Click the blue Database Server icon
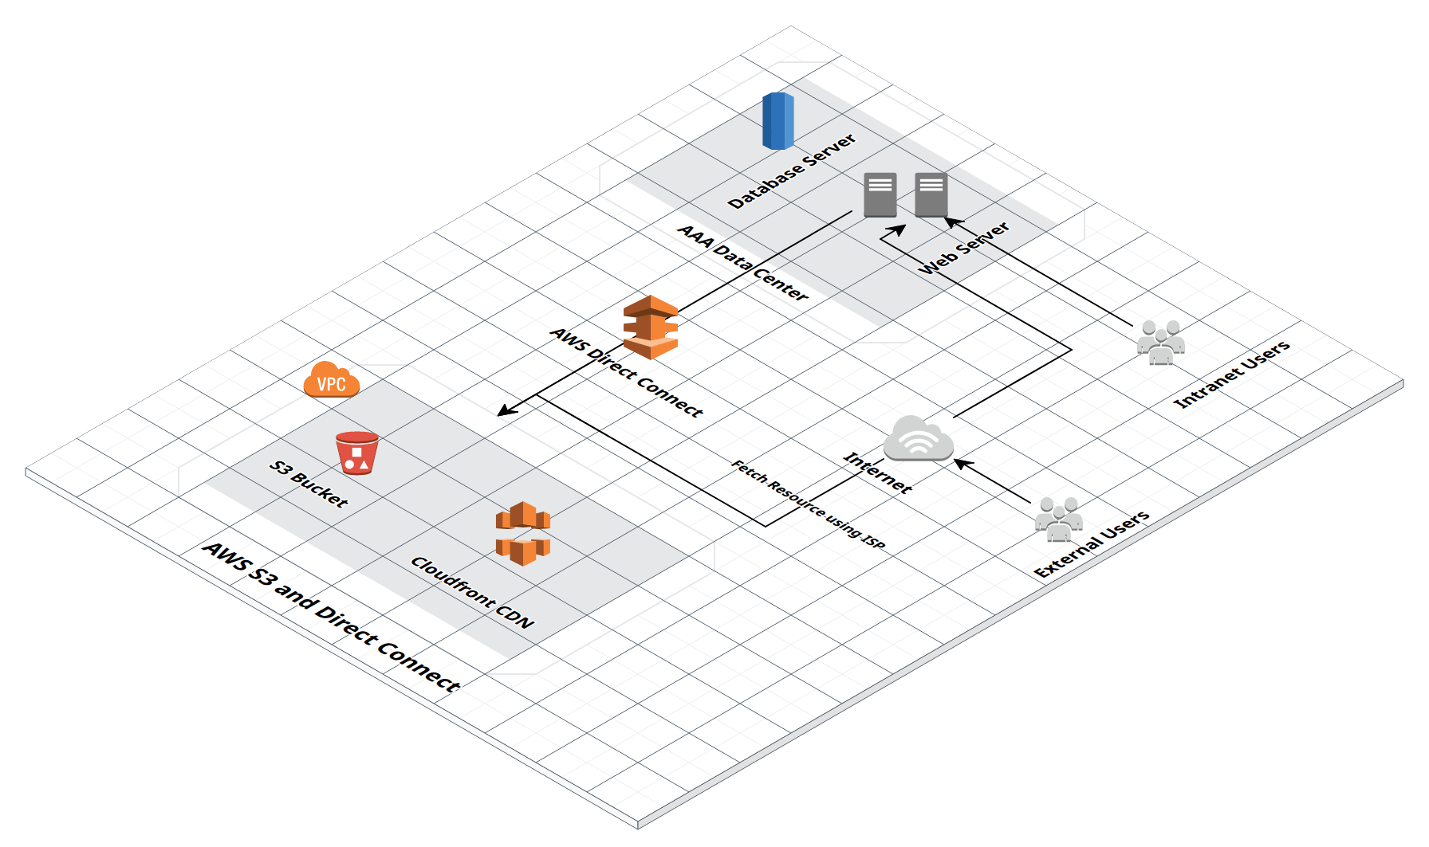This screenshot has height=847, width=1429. coord(777,121)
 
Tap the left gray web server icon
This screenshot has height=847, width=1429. coord(880,194)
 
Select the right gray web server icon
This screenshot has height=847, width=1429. coord(931,194)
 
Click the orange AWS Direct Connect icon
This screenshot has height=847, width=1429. coord(651,327)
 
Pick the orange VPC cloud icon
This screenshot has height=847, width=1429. coord(332,380)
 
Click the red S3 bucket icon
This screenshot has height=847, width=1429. coord(356,453)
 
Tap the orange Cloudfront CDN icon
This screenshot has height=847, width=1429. coord(523,533)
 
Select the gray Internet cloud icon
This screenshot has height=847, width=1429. coord(919,439)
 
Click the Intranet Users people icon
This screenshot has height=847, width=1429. coord(1160,343)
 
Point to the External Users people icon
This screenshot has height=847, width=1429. coord(1058,520)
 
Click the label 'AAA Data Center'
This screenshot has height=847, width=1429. coord(742,263)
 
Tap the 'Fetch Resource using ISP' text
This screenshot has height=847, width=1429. coord(808,504)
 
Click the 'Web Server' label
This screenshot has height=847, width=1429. coord(964,249)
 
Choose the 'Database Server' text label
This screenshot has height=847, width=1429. coord(792,171)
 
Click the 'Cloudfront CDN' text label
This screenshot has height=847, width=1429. coord(471,592)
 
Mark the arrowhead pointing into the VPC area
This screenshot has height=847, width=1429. coord(505,410)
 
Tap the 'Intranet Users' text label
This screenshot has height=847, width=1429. coord(1231,375)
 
